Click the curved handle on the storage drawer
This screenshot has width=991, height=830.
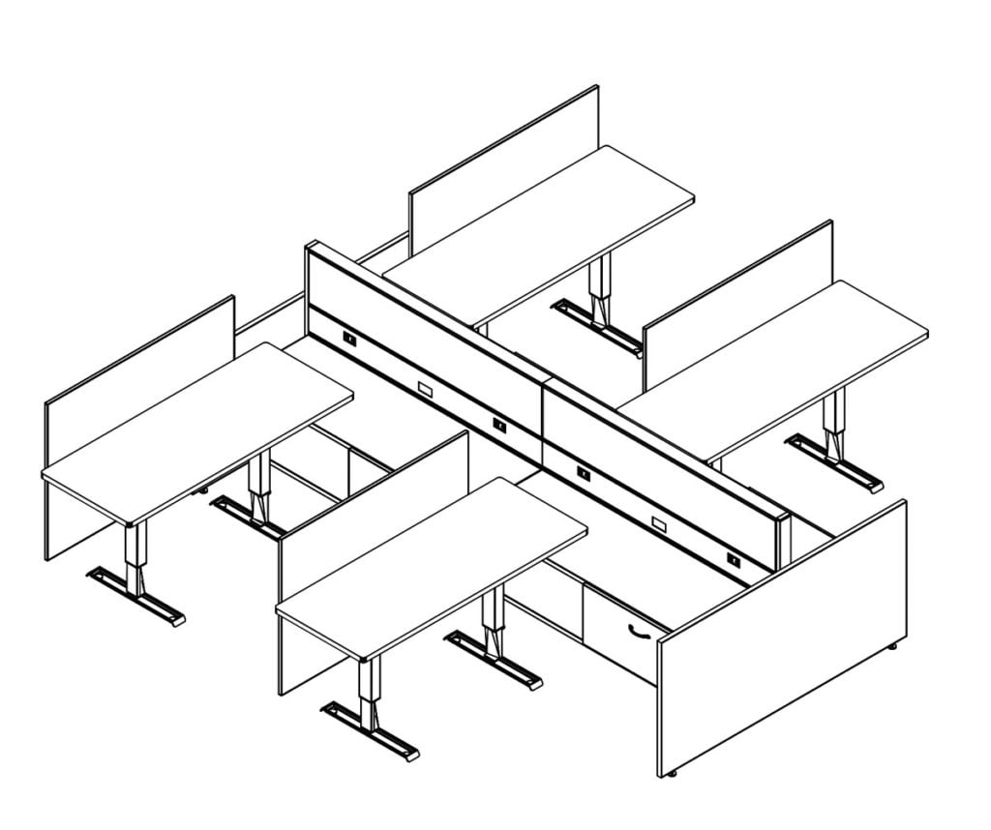pos(638,632)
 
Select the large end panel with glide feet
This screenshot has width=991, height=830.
pos(784,638)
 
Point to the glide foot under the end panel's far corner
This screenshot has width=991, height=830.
pos(893,644)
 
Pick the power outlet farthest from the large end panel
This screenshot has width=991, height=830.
pos(348,340)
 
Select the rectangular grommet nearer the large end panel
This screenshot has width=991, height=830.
pos(659,523)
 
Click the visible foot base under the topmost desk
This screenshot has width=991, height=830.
pos(596,325)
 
